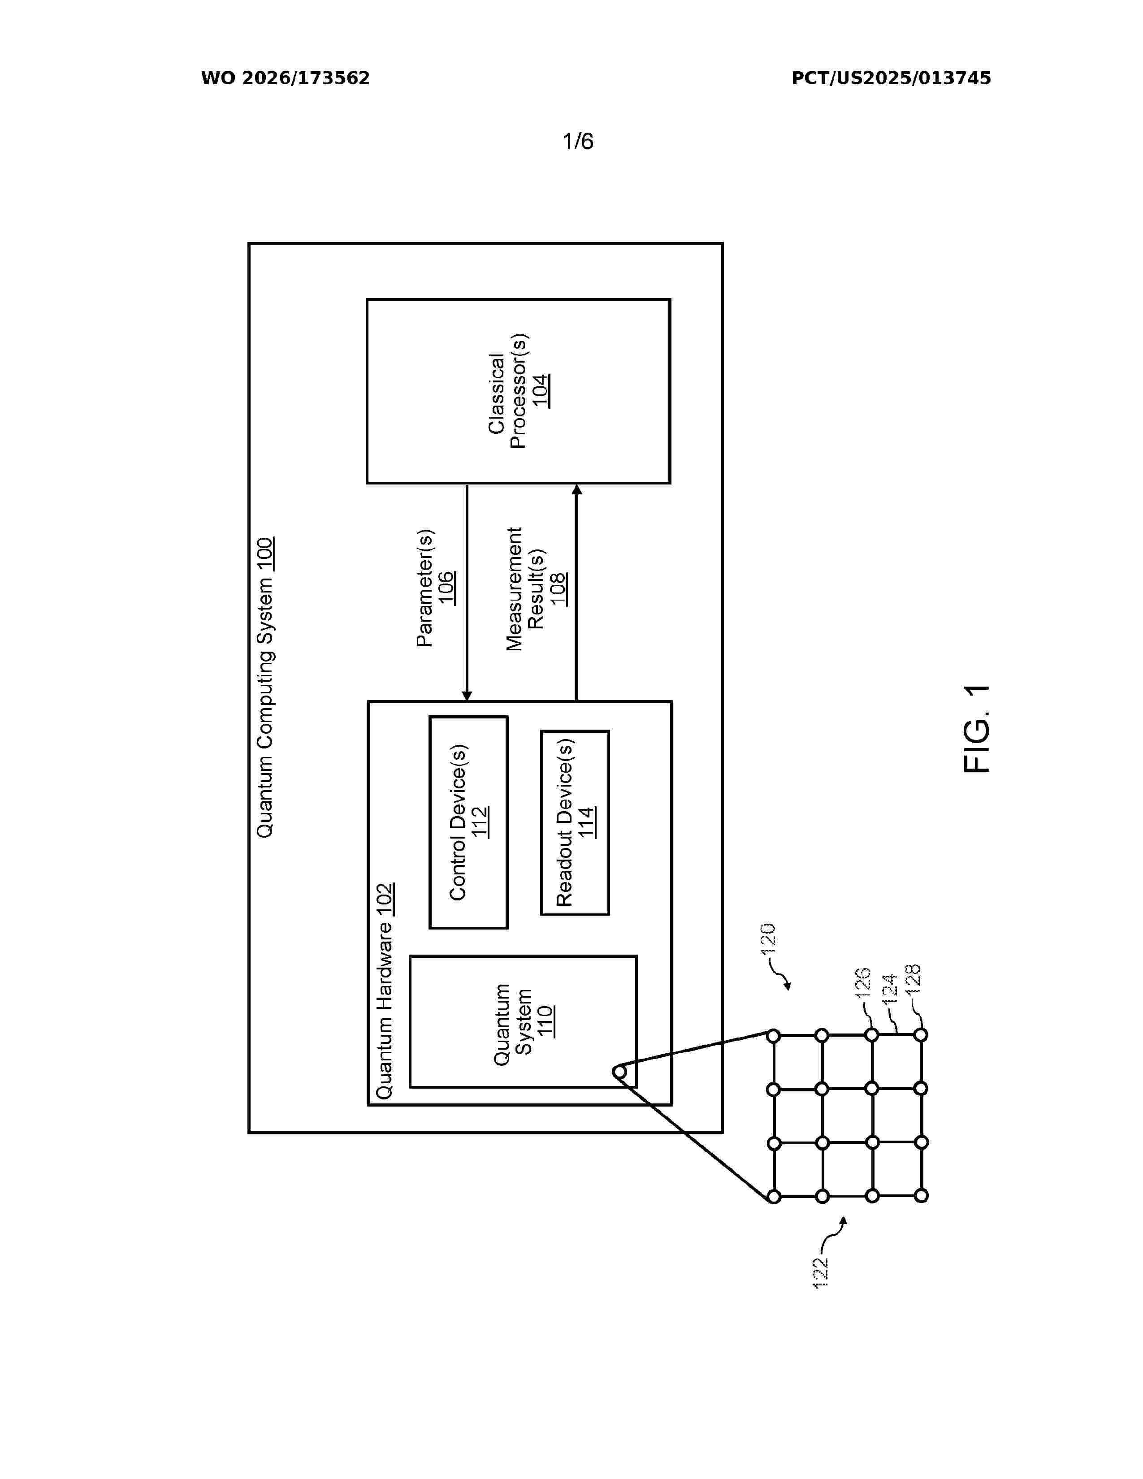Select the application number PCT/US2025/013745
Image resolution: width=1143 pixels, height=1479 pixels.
[891, 78]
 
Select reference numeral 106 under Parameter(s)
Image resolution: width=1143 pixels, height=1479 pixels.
[446, 588]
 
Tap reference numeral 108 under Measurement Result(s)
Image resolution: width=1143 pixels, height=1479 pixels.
[558, 588]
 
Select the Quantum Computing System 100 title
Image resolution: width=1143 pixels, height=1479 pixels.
[264, 687]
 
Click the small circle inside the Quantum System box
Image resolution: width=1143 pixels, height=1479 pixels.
[619, 1072]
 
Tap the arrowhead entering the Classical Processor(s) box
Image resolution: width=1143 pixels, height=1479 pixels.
[577, 489]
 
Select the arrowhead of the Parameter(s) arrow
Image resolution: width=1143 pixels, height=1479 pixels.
[467, 696]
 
